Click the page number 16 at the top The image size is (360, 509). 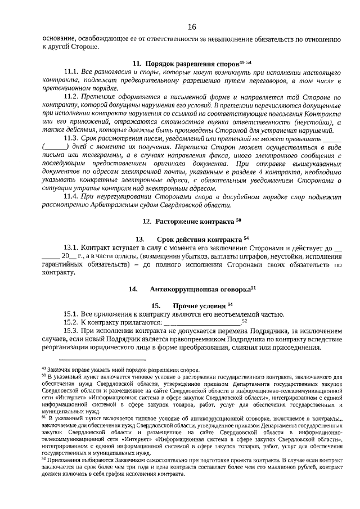click(192, 27)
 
